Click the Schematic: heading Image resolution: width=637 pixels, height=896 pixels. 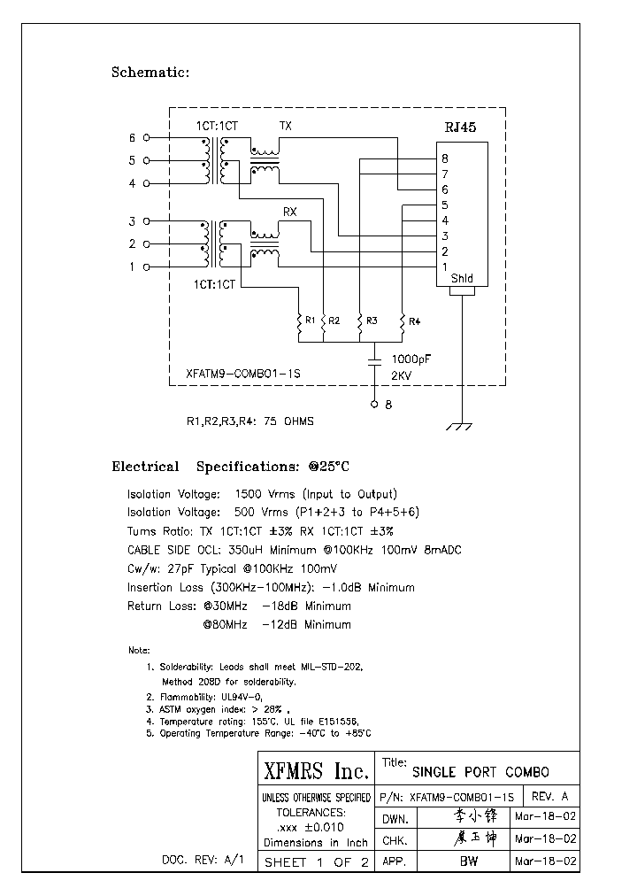150,73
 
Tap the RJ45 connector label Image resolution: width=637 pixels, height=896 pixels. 461,127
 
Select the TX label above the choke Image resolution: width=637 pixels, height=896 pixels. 286,127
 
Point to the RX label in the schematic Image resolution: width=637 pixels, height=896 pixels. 289,212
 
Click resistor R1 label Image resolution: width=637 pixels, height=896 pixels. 310,320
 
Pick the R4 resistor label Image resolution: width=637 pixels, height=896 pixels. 416,320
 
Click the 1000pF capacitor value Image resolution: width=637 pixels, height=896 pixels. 412,359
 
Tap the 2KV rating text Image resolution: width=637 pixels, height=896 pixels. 403,375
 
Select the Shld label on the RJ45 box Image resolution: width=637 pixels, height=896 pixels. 462,279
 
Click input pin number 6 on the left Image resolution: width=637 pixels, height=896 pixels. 133,138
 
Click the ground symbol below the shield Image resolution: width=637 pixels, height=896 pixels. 458,426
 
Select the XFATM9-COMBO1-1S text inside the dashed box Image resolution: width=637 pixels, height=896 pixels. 244,375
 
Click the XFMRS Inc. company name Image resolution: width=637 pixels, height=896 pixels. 316,770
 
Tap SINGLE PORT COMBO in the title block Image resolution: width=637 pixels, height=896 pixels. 481,771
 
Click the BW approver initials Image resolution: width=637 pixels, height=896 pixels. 469,861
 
